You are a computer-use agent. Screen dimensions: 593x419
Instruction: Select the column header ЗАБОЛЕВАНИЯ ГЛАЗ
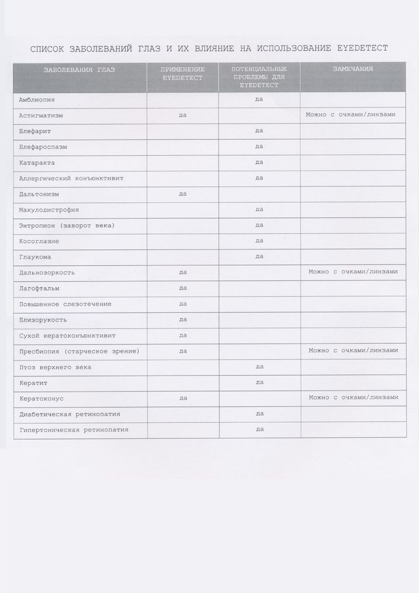(79, 70)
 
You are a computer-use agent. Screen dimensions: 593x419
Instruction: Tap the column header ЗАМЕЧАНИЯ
(353, 69)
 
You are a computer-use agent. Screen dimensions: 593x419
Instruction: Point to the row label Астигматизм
(41, 115)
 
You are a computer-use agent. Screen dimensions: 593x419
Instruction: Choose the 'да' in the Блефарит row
(259, 130)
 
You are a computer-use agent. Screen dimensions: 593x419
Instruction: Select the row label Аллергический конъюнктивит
(71, 178)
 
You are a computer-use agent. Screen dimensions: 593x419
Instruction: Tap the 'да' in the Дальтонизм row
(183, 193)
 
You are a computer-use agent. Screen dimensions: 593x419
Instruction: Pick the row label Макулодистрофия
(49, 209)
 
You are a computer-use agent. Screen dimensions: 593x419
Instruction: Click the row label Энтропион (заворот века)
(66, 225)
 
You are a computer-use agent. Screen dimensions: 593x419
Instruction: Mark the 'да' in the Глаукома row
(259, 256)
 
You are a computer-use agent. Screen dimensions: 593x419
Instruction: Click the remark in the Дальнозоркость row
(353, 272)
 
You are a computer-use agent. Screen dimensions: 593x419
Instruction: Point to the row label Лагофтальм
(39, 288)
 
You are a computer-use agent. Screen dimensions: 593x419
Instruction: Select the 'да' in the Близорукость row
(183, 319)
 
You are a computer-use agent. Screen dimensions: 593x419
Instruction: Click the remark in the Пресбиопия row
(353, 350)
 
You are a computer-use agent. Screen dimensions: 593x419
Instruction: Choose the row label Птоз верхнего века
(55, 367)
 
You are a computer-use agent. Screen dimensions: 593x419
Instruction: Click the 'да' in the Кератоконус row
(183, 398)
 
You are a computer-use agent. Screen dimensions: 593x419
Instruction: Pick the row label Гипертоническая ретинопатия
(73, 430)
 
